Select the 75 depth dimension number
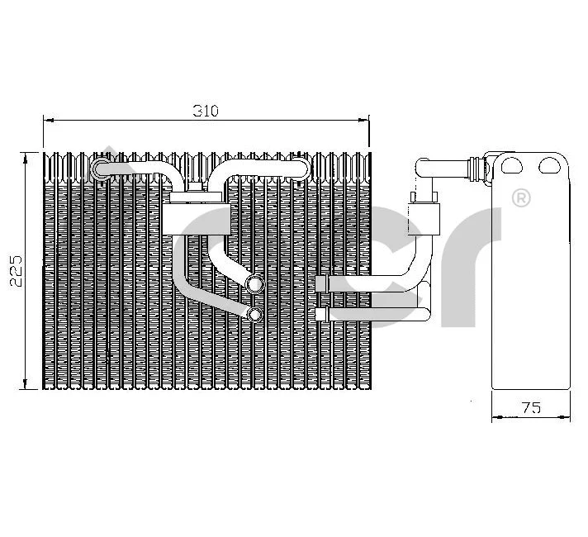(x=531, y=406)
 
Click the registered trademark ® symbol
(x=521, y=198)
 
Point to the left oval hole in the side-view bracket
(x=512, y=165)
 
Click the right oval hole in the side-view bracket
(x=550, y=165)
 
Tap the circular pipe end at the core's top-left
(x=101, y=170)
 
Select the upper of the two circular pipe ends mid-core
(x=254, y=286)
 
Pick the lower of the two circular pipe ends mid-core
(x=254, y=315)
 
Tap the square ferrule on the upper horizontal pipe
(x=323, y=284)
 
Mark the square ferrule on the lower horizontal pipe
(x=323, y=314)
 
